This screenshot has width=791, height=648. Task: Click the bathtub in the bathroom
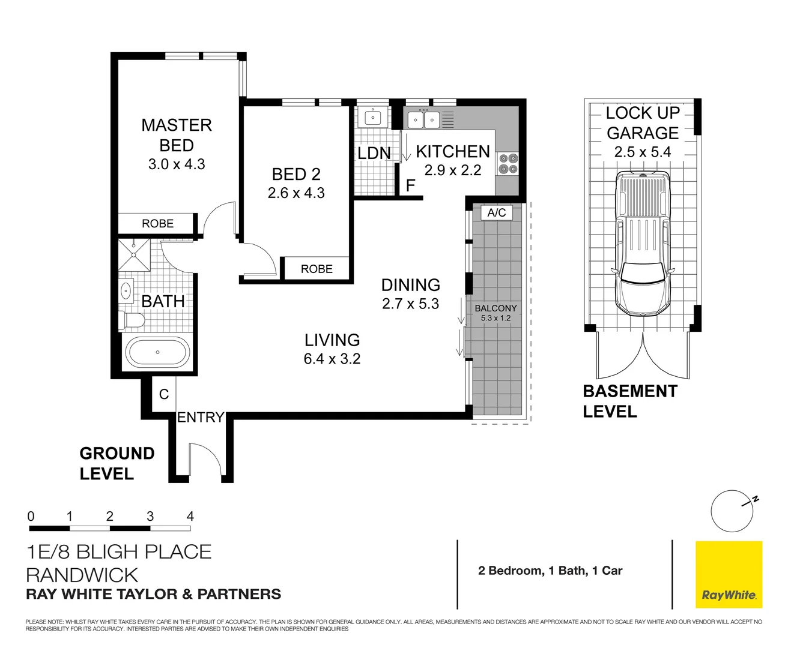click(157, 352)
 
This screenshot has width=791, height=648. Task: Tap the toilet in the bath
click(131, 320)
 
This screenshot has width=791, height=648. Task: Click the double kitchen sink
click(424, 120)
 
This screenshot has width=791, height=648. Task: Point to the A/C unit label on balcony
click(497, 212)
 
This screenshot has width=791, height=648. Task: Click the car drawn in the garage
click(643, 243)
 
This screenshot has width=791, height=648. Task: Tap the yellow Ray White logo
click(729, 574)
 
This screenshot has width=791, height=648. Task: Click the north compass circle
click(731, 512)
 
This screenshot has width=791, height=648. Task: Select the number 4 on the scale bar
click(190, 516)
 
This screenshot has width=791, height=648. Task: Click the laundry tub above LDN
click(373, 117)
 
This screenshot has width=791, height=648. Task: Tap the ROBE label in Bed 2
click(317, 269)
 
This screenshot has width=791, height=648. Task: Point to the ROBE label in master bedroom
click(157, 223)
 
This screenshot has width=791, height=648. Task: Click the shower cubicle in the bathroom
click(133, 255)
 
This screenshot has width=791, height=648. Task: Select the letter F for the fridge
click(410, 185)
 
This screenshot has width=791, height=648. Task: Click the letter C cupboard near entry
click(163, 394)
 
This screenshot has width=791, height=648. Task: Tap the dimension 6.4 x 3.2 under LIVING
click(332, 359)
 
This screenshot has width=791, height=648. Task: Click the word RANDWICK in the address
click(82, 575)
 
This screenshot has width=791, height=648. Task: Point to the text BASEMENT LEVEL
click(629, 401)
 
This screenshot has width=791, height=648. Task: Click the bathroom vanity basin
click(126, 291)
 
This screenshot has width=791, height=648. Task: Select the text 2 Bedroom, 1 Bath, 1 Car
click(550, 571)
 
